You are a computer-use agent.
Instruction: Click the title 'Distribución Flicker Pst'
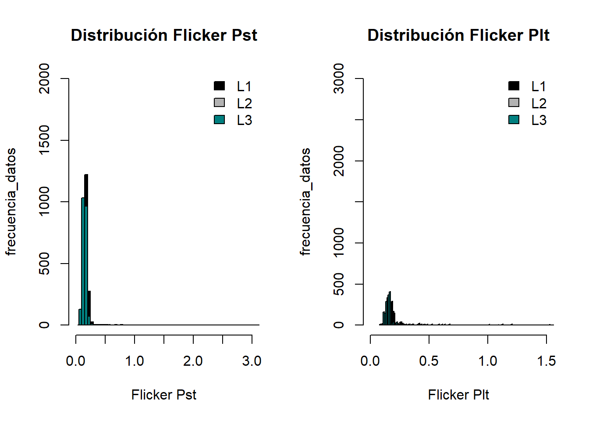pos(164,35)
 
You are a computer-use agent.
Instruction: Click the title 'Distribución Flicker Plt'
pos(458,35)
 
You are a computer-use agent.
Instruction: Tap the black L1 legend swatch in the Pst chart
pos(219,86)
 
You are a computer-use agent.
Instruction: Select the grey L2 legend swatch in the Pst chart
pos(219,103)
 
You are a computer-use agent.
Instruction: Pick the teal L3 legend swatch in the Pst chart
pos(219,119)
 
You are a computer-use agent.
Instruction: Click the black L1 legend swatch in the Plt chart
pos(514,86)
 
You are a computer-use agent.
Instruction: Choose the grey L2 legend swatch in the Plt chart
pos(514,103)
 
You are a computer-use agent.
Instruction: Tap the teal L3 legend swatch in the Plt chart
pos(514,119)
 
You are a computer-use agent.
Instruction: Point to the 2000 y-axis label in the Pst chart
pos(44,78)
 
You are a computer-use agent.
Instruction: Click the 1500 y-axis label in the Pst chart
pos(44,140)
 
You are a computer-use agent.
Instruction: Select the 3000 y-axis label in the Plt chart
pos(339,78)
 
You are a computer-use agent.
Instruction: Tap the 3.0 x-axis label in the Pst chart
pos(252,361)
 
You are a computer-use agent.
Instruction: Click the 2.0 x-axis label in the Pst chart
pos(193,361)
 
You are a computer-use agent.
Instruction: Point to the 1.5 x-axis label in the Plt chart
pos(546,361)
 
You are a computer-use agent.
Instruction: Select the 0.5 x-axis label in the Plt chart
pos(429,361)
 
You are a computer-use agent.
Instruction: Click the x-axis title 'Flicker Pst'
pos(164,395)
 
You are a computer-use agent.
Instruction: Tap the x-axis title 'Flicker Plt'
pos(458,395)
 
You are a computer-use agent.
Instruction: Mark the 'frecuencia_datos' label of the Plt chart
pos(305,202)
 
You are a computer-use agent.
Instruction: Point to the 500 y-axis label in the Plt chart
pos(339,284)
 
